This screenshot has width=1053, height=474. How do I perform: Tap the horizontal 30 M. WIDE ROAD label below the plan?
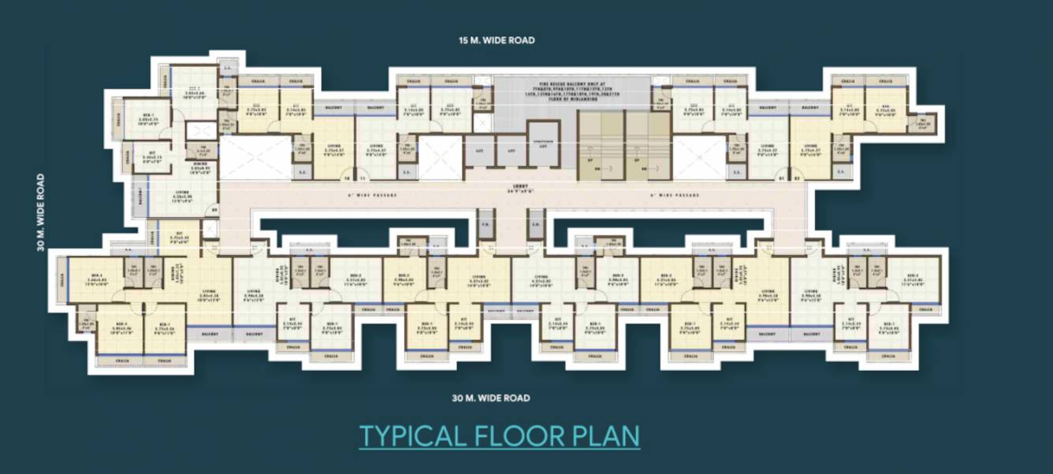pyautogui.click(x=490, y=398)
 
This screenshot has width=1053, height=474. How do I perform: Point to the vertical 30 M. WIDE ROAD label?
pyautogui.click(x=39, y=213)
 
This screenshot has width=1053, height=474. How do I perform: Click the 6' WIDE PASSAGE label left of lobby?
pyautogui.click(x=372, y=194)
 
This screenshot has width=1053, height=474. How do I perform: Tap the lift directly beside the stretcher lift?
pyautogui.click(x=511, y=150)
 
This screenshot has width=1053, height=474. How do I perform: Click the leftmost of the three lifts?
pyautogui.click(x=478, y=150)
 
